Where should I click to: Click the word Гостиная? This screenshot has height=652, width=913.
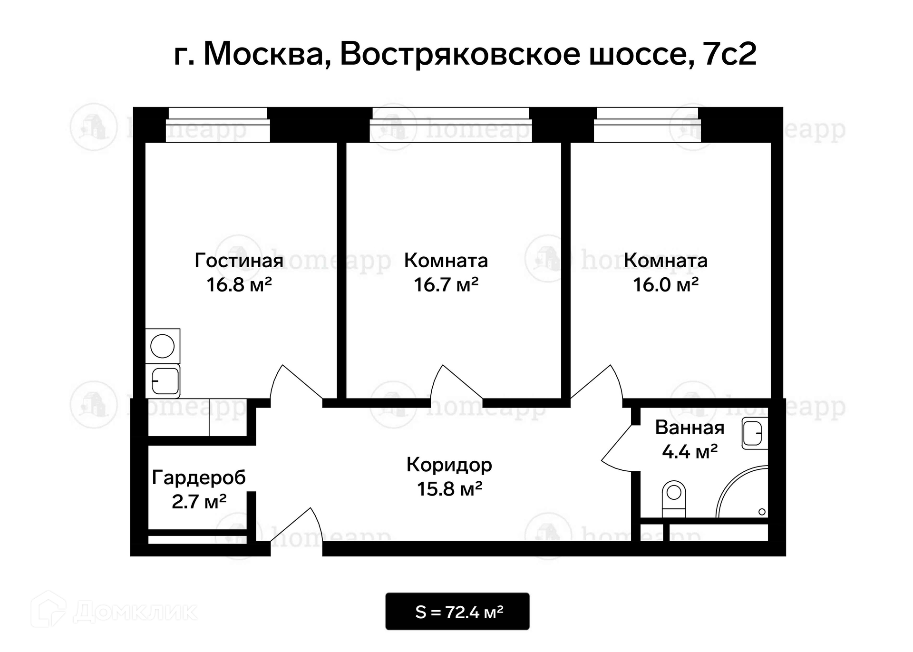239,261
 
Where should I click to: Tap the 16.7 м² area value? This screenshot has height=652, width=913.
446,285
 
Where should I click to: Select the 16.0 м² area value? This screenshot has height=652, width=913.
665,285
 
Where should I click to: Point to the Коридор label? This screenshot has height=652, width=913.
449,465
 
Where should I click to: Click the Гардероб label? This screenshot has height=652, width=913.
199,477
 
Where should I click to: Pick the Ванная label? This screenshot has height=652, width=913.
690,428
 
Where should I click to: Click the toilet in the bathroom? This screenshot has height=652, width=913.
674,499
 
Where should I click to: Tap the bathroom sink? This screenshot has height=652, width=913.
755,433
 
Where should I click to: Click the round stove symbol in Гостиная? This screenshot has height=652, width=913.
163,346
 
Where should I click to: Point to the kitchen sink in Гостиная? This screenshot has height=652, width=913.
163,381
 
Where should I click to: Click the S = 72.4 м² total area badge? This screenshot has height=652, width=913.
457,612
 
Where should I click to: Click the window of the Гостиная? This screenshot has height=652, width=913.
218,125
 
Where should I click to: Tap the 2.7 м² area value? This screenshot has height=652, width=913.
199,502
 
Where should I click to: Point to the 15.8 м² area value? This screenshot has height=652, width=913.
450,489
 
